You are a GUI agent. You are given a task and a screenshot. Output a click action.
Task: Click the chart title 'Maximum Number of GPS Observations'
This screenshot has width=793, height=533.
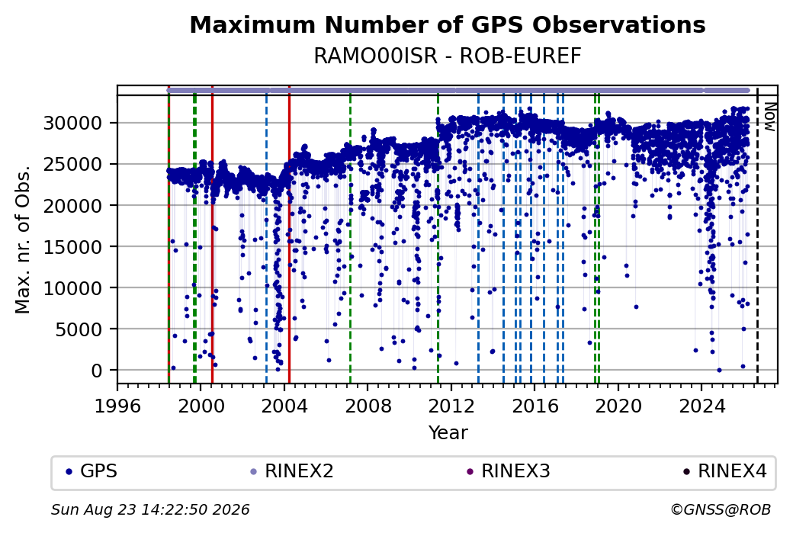tap(448, 24)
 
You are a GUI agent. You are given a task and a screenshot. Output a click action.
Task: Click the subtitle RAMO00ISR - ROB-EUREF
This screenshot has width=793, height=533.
tap(448, 56)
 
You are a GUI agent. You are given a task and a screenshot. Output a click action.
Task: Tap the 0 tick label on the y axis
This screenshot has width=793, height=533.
tap(97, 371)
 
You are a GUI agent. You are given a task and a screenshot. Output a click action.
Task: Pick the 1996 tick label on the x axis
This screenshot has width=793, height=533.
tap(118, 406)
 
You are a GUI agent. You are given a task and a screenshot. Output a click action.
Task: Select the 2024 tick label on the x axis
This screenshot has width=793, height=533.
tap(701, 406)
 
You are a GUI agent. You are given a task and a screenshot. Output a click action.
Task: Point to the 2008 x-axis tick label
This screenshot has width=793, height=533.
tap(368, 406)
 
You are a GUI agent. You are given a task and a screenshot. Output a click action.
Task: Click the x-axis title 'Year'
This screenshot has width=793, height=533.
tap(448, 433)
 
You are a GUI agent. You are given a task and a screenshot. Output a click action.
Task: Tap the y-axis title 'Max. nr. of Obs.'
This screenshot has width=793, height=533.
tap(23, 239)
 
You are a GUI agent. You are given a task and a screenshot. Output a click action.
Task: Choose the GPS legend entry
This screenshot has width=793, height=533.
tap(91, 471)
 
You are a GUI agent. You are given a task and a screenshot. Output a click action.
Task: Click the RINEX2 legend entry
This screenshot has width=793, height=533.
tap(292, 471)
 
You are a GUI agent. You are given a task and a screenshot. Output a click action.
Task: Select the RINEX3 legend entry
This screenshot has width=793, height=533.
tap(509, 471)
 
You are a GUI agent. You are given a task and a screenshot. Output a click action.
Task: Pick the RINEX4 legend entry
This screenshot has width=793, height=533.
tap(725, 471)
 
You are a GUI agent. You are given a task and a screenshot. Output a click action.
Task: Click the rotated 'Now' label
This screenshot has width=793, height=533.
tap(769, 117)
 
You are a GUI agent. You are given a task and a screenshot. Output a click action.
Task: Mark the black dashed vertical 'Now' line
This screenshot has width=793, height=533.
tap(757, 235)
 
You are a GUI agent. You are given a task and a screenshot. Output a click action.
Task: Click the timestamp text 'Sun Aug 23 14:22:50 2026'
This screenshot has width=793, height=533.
tap(150, 509)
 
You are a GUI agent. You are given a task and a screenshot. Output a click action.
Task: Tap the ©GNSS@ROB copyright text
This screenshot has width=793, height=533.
tap(721, 509)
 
